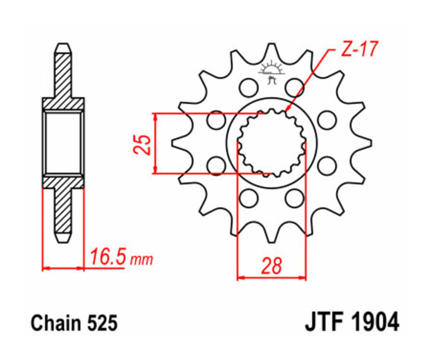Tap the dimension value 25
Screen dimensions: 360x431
[142, 144]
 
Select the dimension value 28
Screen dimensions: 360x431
[272, 266]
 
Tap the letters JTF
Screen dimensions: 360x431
[323, 323]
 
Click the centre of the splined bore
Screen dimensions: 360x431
[272, 142]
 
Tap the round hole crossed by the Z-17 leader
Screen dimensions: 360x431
[294, 88]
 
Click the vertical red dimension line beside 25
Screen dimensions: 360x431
[155, 143]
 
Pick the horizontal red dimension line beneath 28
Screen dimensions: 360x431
[272, 277]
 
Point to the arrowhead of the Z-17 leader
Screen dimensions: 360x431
[287, 112]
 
